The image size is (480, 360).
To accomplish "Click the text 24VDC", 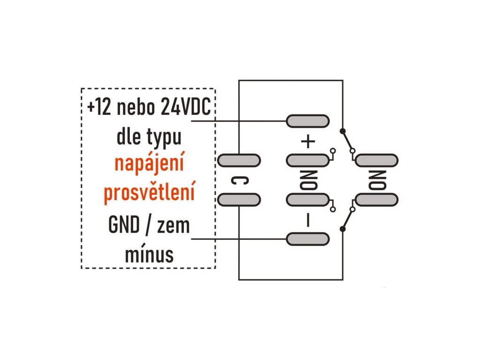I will coord(185,107).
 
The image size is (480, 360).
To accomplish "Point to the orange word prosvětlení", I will coord(149,193).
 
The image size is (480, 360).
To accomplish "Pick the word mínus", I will coord(149,255).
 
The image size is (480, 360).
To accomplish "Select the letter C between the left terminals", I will coord(239,180).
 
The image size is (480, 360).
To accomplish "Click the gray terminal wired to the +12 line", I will coord(307,121).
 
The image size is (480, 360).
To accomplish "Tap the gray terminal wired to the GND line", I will coord(307,239).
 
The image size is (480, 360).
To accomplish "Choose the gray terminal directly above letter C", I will coord(239,160).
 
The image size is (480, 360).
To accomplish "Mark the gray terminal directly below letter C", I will coord(239,200).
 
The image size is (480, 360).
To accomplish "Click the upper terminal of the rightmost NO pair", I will coord(376,160).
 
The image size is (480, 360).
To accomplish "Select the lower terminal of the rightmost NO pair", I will coord(376,200).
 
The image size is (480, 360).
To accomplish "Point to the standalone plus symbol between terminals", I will coord(307,142).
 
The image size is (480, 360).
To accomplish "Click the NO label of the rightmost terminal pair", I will coord(377,180).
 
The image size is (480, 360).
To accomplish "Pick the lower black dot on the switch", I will coord(343,229).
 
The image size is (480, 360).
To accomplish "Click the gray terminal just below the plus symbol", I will coord(307,160).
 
